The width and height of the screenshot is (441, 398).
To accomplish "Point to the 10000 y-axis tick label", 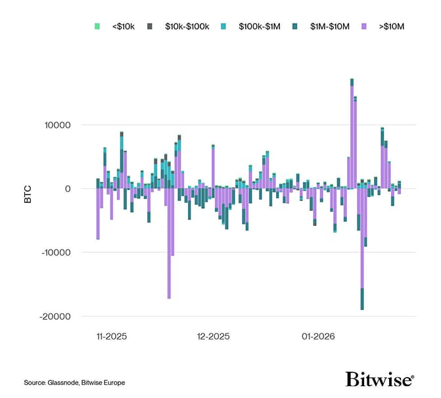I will tap(66, 125).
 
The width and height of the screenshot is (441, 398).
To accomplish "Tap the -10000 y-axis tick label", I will tap(64, 252).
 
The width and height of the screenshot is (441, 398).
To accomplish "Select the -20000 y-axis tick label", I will tap(64, 316).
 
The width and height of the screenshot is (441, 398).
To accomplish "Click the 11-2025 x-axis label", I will tap(112, 336).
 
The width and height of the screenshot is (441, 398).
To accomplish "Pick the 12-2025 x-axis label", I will tap(214, 336).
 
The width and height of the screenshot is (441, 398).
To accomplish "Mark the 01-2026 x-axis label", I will tap(319, 336).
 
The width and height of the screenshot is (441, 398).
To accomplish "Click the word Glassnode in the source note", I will tap(61, 382).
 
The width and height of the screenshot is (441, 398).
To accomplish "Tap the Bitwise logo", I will tap(380, 380).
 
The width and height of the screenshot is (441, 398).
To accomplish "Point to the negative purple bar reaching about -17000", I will tap(169, 243).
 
